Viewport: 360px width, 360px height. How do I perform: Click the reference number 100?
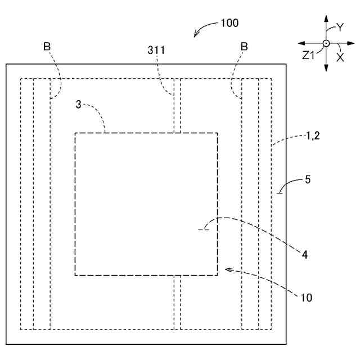(229, 23)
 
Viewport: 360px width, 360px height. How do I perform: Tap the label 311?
(156, 49)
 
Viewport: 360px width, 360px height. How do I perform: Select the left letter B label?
(47, 46)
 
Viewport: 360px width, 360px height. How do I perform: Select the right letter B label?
(244, 46)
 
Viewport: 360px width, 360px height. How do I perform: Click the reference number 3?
(78, 103)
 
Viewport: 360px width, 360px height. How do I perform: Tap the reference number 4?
(304, 254)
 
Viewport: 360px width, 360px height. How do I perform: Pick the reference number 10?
(307, 297)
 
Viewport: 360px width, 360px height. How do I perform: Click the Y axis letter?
(339, 26)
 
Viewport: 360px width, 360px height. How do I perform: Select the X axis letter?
(340, 56)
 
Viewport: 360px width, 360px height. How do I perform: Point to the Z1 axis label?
(308, 55)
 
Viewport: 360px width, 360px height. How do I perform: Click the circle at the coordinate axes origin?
(326, 43)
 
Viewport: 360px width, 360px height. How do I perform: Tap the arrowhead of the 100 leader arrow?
(195, 35)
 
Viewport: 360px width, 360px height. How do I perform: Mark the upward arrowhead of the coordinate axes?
(326, 19)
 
